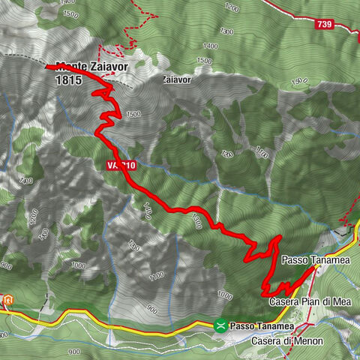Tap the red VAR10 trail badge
point(120,164)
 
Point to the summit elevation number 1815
point(68,79)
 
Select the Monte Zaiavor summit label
point(91,66)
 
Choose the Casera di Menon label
point(287,341)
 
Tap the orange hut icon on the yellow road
point(7,301)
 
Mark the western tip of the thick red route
point(47,67)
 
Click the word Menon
point(308,341)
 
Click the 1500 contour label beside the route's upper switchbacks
point(133,115)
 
